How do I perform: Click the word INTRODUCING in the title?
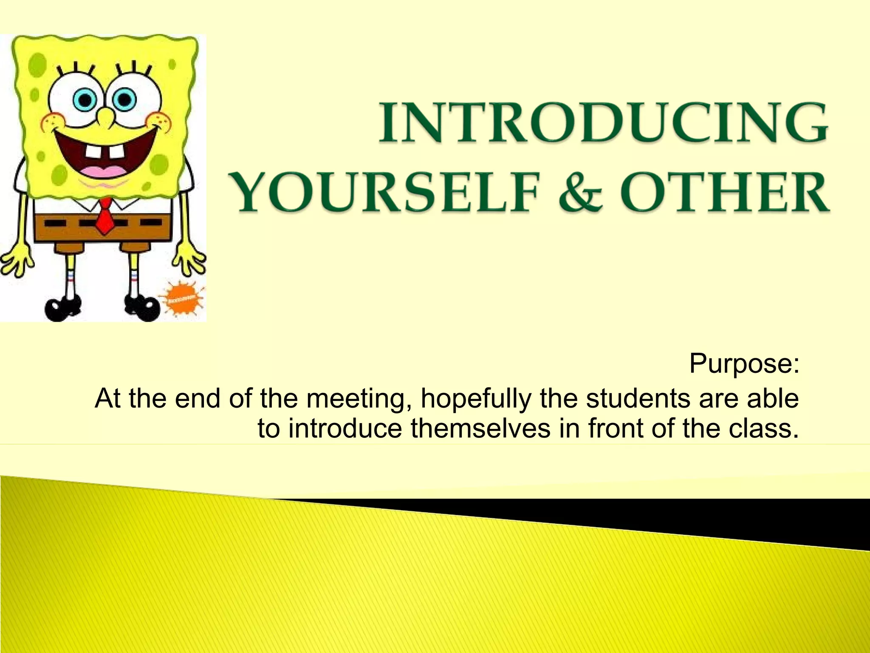[x=603, y=122]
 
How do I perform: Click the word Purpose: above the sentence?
[x=744, y=364]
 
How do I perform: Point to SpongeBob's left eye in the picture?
[x=85, y=100]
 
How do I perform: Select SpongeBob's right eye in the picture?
[x=124, y=100]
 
